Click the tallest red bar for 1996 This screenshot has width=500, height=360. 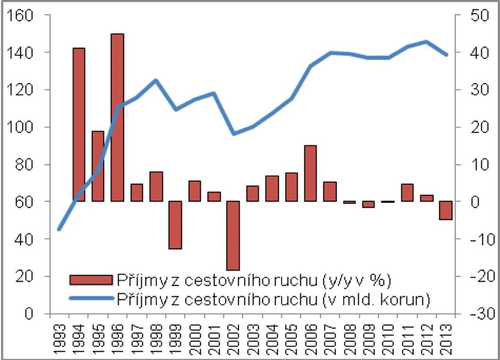117,117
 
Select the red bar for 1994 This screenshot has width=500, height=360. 79,125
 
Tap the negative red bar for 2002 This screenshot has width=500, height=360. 233,235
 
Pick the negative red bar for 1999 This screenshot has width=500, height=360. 175,225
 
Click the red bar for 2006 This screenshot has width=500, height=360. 310,173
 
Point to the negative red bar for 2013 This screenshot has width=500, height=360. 445,210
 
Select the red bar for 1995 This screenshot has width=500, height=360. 98,166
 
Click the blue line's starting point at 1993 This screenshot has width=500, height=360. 59,229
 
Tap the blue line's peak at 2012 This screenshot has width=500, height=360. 426,42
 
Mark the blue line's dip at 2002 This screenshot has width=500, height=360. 234,134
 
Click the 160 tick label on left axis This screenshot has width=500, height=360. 20,15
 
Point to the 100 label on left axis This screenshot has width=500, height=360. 20,127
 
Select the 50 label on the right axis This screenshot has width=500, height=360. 480,15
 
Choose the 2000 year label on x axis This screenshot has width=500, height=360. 194,339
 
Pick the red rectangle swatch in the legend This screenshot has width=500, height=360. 91,280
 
